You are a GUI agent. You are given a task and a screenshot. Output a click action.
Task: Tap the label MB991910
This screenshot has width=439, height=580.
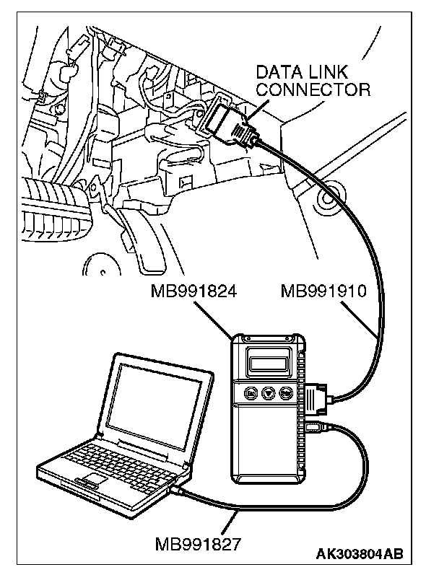point(324,291)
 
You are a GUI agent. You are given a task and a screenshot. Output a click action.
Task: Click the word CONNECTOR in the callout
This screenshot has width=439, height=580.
point(314,90)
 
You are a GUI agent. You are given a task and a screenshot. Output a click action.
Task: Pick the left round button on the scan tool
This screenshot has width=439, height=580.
point(250,394)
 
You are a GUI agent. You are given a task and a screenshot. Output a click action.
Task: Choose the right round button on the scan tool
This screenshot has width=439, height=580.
point(287,394)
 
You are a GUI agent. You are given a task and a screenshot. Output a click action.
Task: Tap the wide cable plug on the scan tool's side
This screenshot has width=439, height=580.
point(318,397)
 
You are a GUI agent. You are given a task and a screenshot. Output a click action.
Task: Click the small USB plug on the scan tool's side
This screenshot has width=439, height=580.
point(314,427)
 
